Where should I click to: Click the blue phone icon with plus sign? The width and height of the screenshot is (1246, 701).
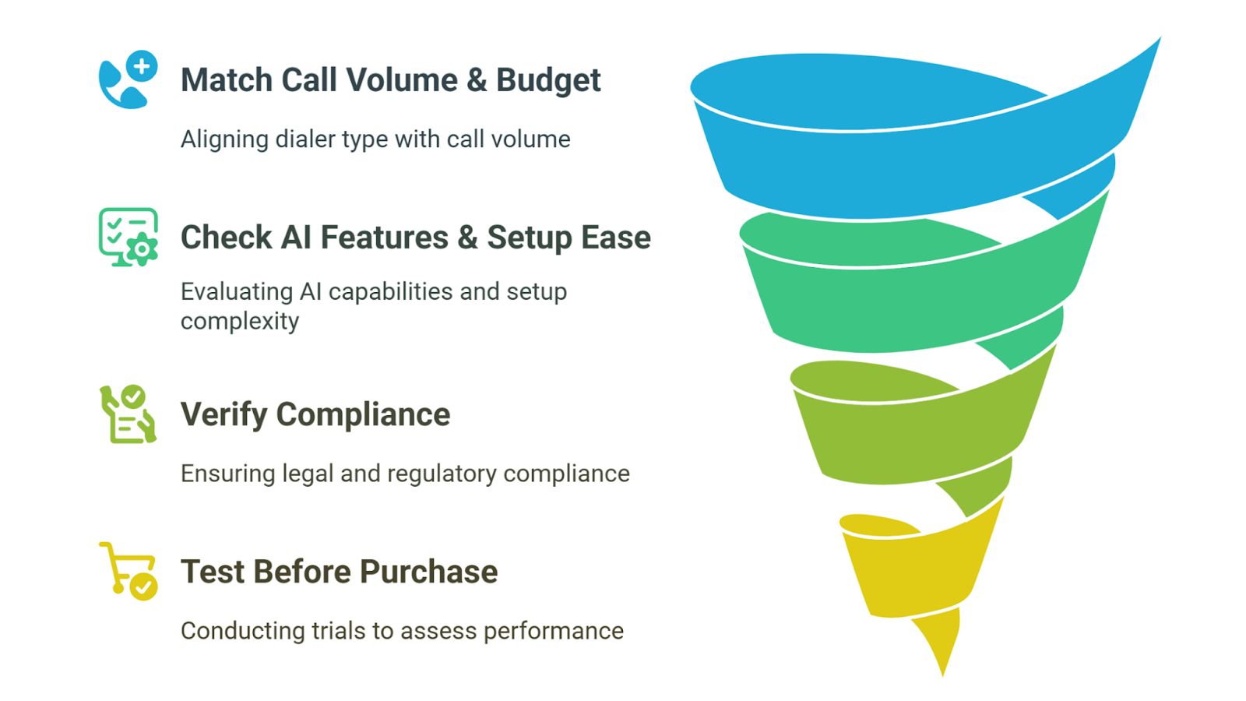[x=128, y=79]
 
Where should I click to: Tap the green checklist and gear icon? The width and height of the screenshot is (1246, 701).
[x=128, y=237]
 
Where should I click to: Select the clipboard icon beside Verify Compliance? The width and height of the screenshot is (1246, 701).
[x=128, y=414]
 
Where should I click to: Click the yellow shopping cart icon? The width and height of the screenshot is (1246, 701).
[x=128, y=571]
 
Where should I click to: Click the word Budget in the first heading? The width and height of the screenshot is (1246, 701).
[x=547, y=80]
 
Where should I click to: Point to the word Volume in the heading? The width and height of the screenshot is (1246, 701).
[x=402, y=80]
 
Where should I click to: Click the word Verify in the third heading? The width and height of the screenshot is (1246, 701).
[x=224, y=414]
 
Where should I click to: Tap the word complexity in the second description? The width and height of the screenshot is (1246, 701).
[x=240, y=321]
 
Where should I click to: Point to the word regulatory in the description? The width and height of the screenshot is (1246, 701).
[x=442, y=474]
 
